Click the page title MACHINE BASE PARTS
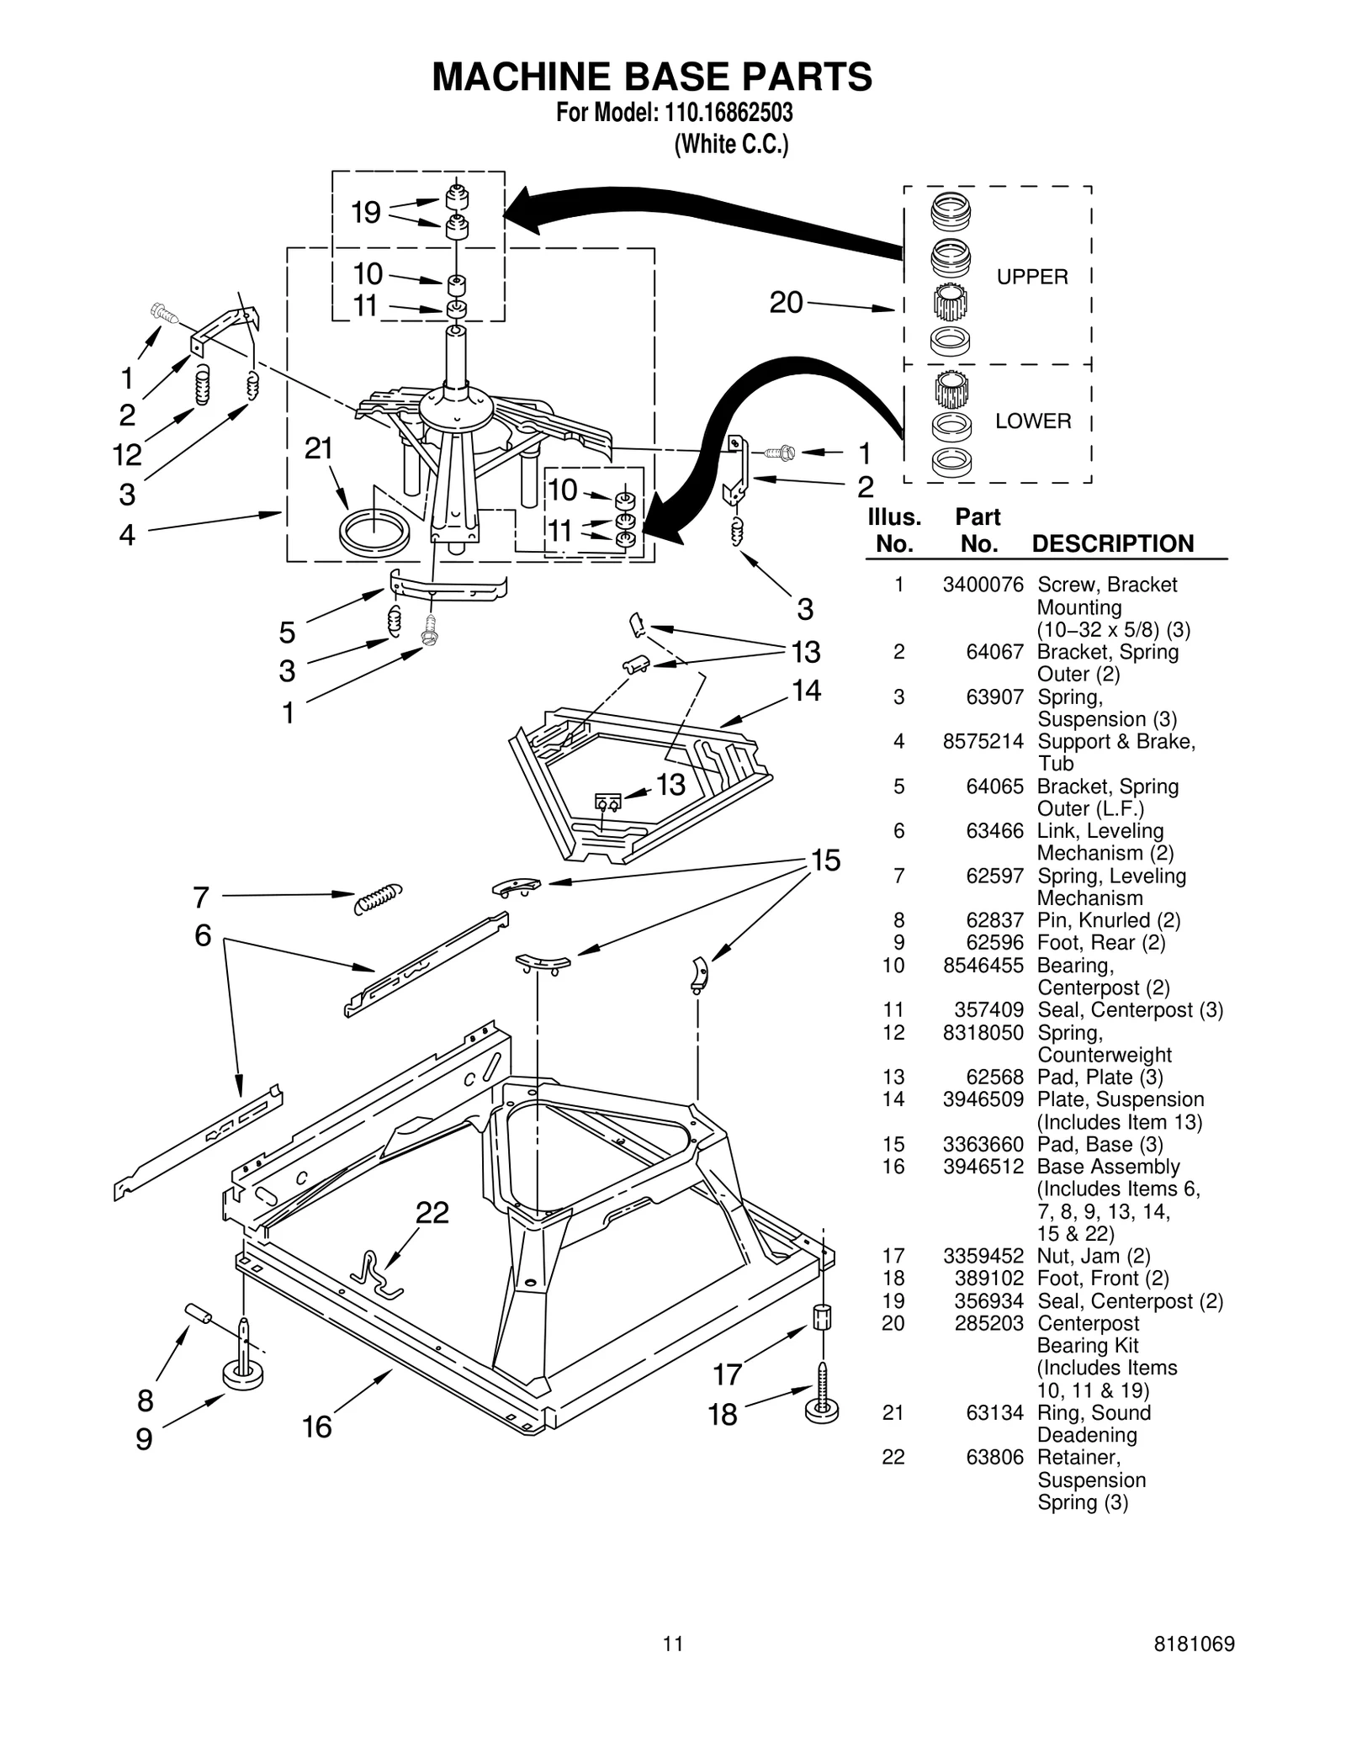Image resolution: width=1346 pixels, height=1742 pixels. tap(652, 77)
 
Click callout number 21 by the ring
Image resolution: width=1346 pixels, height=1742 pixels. tap(319, 449)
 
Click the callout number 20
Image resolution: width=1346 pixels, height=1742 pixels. tap(786, 303)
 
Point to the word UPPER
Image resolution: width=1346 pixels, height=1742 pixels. tap(1032, 277)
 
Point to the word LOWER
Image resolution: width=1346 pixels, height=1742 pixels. tap(1033, 421)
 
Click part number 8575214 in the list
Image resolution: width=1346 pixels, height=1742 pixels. tap(983, 741)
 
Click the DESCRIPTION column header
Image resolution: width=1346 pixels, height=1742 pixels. tap(1112, 543)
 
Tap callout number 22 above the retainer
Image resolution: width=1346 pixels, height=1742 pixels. tap(432, 1212)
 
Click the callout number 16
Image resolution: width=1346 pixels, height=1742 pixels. tap(317, 1427)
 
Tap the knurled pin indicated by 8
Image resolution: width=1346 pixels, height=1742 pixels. tap(199, 1312)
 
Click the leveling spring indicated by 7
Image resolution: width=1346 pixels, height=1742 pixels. tap(378, 898)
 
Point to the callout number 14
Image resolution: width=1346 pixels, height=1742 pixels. tap(806, 691)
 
